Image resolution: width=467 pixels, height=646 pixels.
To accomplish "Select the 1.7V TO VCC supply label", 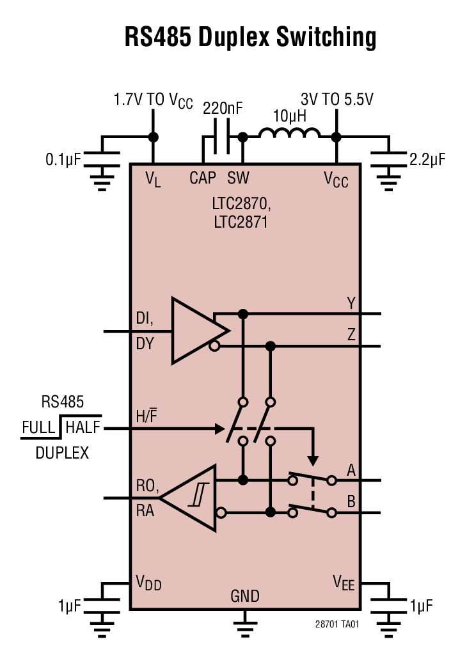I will [153, 100].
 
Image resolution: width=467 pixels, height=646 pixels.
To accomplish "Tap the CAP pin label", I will [203, 178].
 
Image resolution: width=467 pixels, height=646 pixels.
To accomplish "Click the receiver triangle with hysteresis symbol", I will [192, 497].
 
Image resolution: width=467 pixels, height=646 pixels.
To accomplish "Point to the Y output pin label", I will [351, 302].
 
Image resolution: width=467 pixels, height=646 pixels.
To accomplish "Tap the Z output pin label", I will [351, 335].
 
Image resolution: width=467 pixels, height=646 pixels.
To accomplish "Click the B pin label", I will [351, 501].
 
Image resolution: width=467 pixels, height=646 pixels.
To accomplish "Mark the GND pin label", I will [245, 596].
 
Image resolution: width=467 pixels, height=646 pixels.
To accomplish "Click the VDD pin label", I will [148, 582].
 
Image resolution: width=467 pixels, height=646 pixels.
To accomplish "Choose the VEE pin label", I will [343, 582].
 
